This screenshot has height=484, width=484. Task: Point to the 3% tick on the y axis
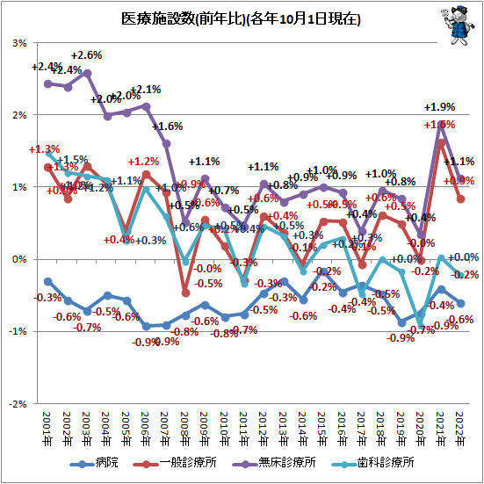pyautogui.click(x=18, y=43)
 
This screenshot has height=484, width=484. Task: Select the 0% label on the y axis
pyautogui.click(x=18, y=259)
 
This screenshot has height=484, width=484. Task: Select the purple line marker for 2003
pyautogui.click(x=87, y=73)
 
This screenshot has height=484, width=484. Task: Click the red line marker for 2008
pyautogui.click(x=185, y=293)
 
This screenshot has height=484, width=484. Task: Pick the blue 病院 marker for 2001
pyautogui.click(x=47, y=281)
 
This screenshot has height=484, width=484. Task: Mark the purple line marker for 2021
pyautogui.click(x=440, y=123)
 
